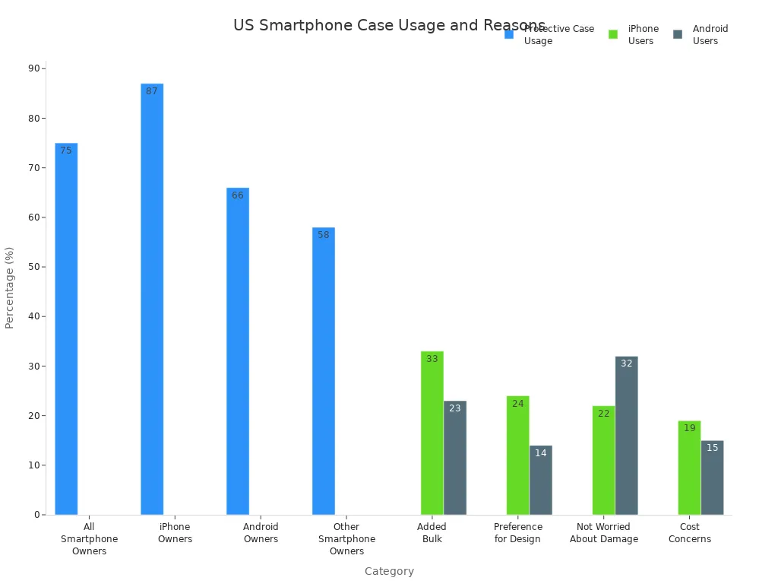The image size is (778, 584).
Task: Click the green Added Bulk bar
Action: [432, 433]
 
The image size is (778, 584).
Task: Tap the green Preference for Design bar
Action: [518, 455]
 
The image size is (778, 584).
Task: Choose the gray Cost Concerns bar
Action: [713, 478]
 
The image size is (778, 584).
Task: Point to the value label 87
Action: [152, 91]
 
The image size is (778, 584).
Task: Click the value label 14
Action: [541, 453]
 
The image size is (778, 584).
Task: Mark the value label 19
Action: [690, 428]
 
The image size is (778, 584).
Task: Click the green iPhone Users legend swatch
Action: [613, 34]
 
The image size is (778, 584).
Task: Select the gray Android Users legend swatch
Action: [678, 34]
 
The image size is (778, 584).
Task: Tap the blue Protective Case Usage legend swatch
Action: [509, 34]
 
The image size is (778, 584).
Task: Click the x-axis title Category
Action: [389, 571]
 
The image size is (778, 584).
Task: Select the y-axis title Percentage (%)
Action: [10, 287]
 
